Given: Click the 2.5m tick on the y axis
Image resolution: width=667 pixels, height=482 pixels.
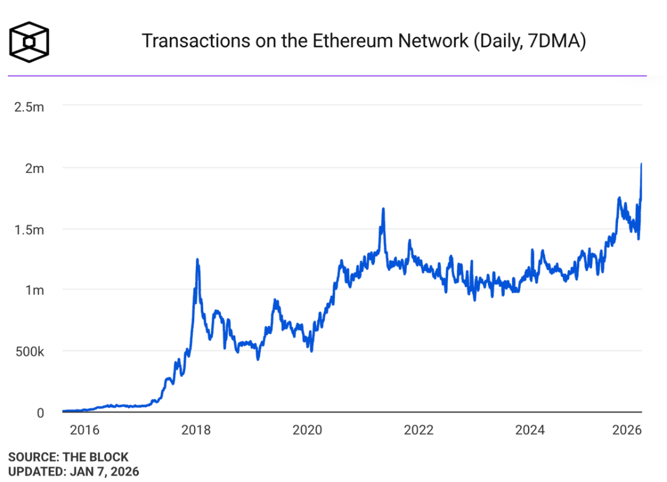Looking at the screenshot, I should click(29, 107).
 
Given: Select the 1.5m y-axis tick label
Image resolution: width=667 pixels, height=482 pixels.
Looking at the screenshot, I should click(29, 230).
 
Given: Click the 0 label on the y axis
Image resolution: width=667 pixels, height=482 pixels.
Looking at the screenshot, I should click(40, 413).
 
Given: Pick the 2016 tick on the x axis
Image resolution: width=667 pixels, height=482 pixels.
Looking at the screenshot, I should click(84, 430).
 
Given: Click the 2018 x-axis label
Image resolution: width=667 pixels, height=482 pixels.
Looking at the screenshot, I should click(196, 430).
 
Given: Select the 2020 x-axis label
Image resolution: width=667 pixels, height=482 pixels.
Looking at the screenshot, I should click(307, 430).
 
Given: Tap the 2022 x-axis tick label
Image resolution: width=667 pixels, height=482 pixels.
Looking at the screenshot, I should click(418, 430).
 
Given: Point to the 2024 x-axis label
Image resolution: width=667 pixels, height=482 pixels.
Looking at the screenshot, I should click(530, 430).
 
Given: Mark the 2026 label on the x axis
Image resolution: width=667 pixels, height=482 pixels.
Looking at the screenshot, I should click(626, 430).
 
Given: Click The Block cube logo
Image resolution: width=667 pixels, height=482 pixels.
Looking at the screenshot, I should click(29, 42).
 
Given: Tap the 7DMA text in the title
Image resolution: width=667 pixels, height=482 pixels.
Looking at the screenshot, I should click(554, 41).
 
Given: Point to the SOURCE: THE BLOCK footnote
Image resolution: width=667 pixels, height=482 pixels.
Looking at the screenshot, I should click(68, 457).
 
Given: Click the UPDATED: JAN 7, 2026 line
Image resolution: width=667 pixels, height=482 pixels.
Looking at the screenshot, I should click(74, 471).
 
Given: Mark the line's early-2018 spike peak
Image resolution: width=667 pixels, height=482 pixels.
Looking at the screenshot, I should click(197, 260).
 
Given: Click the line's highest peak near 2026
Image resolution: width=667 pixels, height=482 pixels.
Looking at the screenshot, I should click(641, 164).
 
